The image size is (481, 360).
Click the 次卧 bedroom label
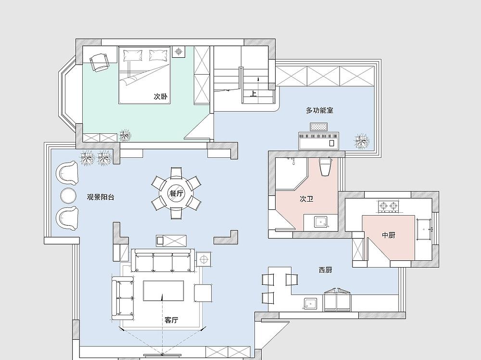pyautogui.click(x=161, y=96)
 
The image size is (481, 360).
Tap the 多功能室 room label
pyautogui.click(x=319, y=110)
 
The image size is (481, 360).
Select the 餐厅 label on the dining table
pyautogui.click(x=176, y=193)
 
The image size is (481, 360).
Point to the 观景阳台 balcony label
pyautogui.click(x=101, y=197)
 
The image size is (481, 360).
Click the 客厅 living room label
pyautogui.click(x=171, y=320)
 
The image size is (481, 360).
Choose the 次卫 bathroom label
pyautogui.click(x=306, y=199)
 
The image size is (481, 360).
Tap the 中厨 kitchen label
pyautogui.click(x=388, y=235)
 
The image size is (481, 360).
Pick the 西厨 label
pyautogui.click(x=325, y=270)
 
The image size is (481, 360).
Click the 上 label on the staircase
pyautogui.click(x=253, y=93)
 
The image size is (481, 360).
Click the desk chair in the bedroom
pyautogui.click(x=100, y=62)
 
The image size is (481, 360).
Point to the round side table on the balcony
pyautogui.click(x=68, y=195)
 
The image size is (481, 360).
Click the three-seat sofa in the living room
pyautogui.click(x=163, y=260)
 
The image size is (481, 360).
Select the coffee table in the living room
pyautogui.click(x=164, y=291)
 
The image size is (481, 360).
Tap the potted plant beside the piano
pyautogui.click(x=362, y=141)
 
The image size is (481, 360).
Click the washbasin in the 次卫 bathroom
pyautogui.click(x=321, y=221)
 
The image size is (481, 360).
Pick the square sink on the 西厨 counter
pyautogui.click(x=311, y=304)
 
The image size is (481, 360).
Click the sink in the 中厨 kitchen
pyautogui.click(x=424, y=230)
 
